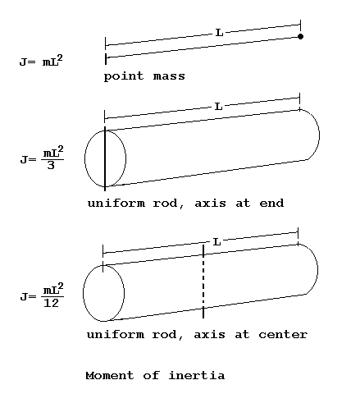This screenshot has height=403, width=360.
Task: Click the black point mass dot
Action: pyautogui.click(x=300, y=36)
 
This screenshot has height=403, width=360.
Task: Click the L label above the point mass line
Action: pyautogui.click(x=219, y=33)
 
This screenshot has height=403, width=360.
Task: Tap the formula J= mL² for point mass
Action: pyautogui.click(x=41, y=61)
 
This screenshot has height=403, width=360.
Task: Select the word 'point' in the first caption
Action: pyautogui.click(x=124, y=76)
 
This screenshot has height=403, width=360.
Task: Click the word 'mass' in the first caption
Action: pyautogui.click(x=169, y=76)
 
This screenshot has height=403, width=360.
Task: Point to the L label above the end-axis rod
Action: pyautogui.click(x=218, y=107)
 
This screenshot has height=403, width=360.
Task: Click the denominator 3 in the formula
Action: pyautogui.click(x=51, y=165)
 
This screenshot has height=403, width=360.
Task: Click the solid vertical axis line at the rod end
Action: pyautogui.click(x=105, y=158)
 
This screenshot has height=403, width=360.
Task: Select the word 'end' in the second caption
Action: pyautogui.click(x=271, y=204)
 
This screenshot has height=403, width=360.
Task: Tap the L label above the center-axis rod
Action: pyautogui.click(x=216, y=242)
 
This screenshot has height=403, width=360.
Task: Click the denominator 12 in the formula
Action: pyautogui.click(x=51, y=303)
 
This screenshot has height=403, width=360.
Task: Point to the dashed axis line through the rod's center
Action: pyautogui.click(x=203, y=282)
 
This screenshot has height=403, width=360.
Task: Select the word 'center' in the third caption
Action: pyautogui.click(x=283, y=335)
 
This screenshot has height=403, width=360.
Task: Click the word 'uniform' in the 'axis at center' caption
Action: pyautogui.click(x=116, y=334)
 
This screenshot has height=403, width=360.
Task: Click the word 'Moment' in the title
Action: pyautogui.click(x=110, y=375)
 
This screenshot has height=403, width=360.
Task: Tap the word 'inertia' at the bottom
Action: pyautogui.click(x=197, y=375)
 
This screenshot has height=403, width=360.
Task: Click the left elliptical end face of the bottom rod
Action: pyautogui.click(x=83, y=293)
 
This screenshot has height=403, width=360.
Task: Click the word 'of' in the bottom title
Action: pyautogui.click(x=151, y=375)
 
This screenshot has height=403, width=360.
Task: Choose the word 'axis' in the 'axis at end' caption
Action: pyautogui.click(x=210, y=204)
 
